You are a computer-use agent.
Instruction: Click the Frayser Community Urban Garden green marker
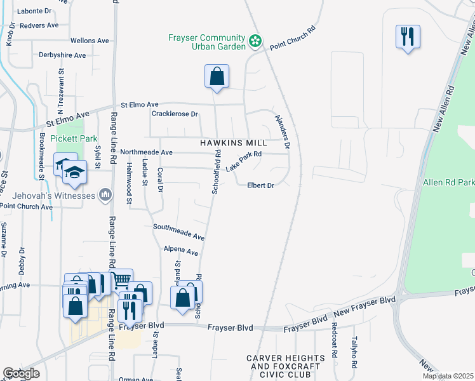point(255,41)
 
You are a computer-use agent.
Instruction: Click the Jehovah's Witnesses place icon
point(105,194)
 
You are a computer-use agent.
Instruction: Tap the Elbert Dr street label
point(260,185)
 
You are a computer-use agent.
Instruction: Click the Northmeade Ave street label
point(146,152)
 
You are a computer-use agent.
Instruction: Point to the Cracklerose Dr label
point(175,114)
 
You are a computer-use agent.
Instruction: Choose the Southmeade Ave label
point(178,231)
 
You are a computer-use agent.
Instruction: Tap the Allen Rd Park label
point(448,183)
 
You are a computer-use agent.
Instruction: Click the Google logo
point(21,373)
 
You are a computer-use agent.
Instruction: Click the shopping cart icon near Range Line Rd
point(121,279)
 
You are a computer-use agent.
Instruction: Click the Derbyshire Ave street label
point(62,55)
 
